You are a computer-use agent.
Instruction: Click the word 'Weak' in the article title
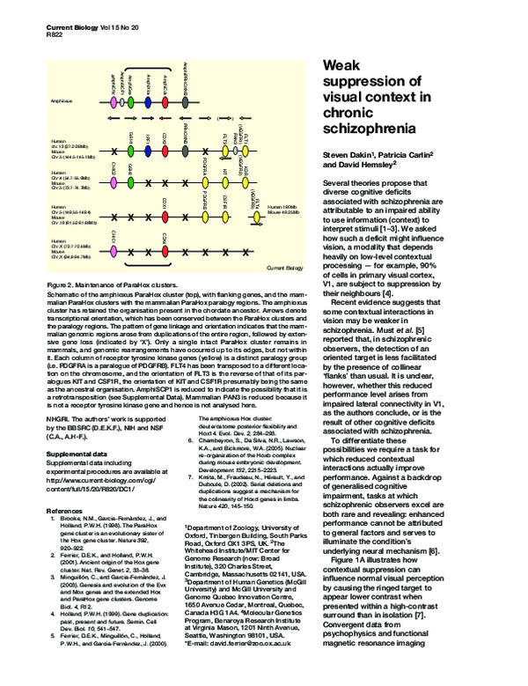tap(343, 66)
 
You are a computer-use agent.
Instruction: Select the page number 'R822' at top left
tap(55, 39)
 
